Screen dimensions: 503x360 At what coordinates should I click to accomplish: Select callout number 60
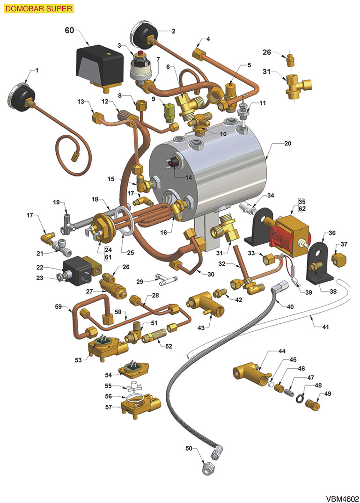[70, 30]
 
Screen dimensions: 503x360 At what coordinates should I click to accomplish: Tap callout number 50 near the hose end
[189, 449]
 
